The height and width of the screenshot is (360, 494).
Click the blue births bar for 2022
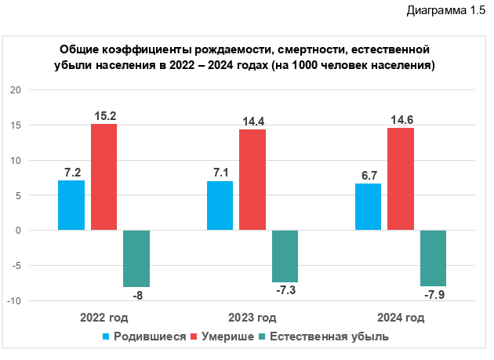click(x=71, y=205)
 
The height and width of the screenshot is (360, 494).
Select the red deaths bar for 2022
click(x=104, y=176)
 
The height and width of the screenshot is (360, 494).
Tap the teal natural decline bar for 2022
click(x=136, y=259)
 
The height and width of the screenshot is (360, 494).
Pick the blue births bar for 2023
click(x=220, y=205)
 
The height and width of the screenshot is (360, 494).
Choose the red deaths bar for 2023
click(x=252, y=180)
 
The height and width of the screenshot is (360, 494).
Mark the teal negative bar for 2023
click(x=285, y=256)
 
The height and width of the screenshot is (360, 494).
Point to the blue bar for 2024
click(x=368, y=207)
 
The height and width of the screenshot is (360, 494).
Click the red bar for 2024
click(x=401, y=179)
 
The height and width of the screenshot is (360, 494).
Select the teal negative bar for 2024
click(x=433, y=258)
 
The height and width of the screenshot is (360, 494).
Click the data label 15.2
click(x=104, y=116)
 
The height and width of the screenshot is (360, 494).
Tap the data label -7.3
click(x=285, y=291)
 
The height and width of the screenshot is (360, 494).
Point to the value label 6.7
click(x=368, y=176)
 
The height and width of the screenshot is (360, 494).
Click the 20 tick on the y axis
click(x=15, y=90)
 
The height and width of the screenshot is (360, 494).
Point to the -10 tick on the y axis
click(x=13, y=301)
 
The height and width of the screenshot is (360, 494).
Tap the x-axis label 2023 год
click(x=252, y=318)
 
